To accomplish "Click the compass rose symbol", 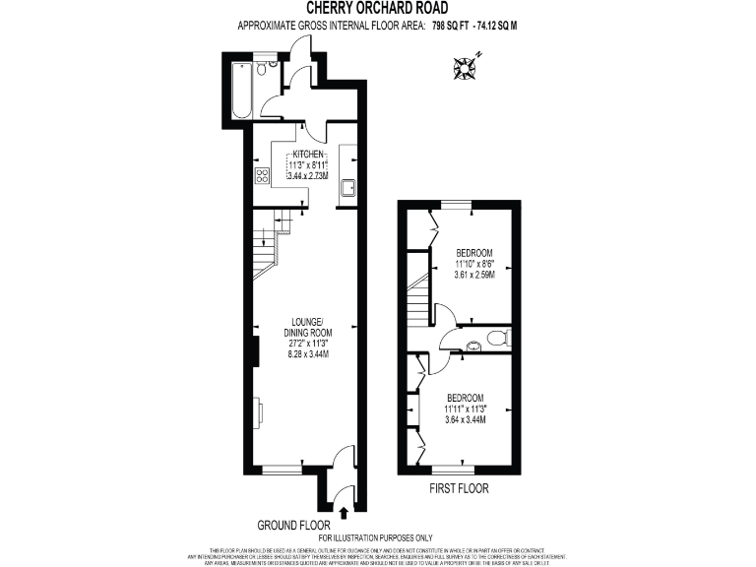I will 464,68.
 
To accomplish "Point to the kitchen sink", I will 347,186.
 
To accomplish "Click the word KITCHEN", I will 306,155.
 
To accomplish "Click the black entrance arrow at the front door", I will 343,511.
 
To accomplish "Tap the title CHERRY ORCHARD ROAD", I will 377,9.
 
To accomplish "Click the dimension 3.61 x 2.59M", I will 474,275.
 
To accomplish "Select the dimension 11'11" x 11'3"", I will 468,409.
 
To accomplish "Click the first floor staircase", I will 418,300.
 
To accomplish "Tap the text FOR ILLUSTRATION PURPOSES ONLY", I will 375,537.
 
